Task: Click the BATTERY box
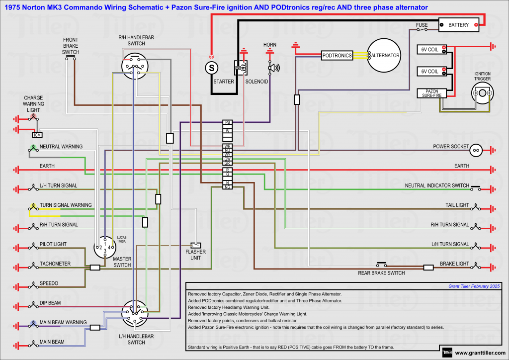click(458, 24)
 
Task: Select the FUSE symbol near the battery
click(422, 29)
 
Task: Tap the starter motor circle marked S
click(212, 66)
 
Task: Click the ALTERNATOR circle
click(384, 56)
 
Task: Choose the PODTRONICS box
click(337, 56)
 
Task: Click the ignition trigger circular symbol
click(482, 93)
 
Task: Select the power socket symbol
click(476, 149)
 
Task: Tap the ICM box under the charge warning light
click(37, 135)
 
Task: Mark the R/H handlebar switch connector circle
click(135, 66)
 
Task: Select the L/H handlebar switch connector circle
click(135, 312)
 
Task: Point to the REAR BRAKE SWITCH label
click(381, 273)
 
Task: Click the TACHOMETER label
click(55, 264)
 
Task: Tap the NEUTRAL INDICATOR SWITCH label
click(437, 185)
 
